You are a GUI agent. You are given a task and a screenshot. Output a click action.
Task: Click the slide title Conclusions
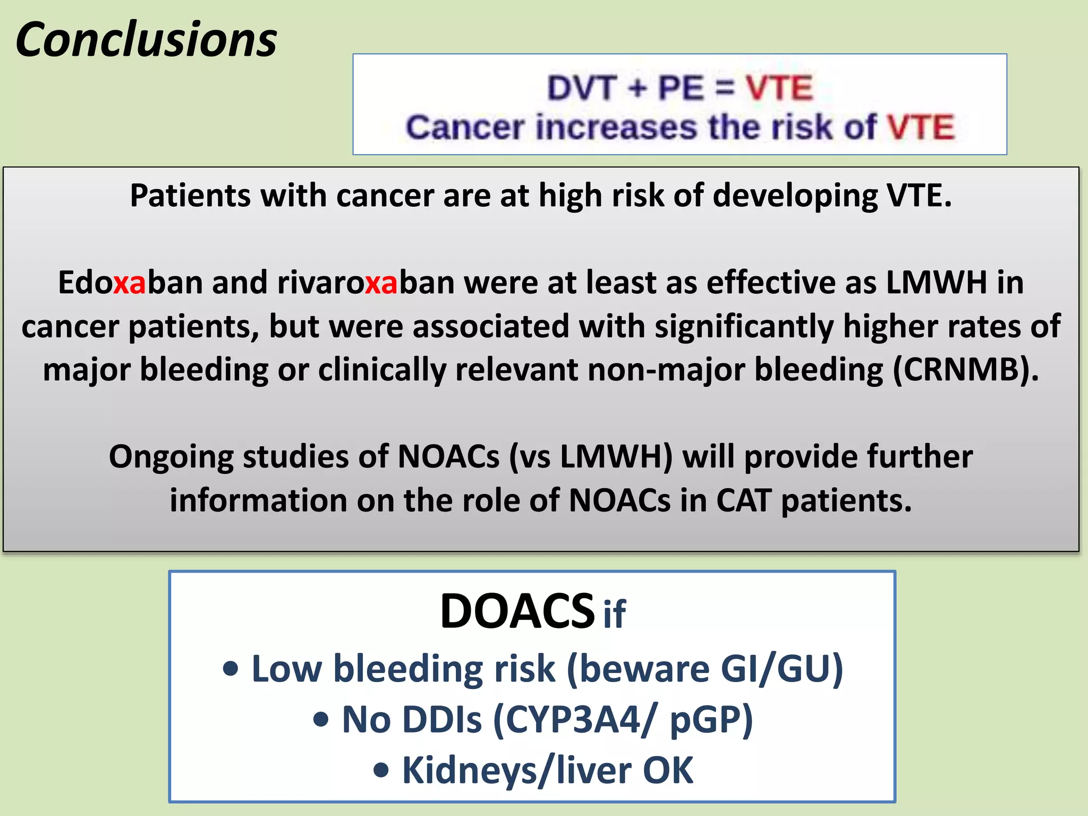[x=146, y=40]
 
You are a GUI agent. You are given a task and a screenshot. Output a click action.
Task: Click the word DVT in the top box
[x=582, y=88]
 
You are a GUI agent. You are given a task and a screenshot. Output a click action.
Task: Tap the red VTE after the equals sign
[x=779, y=88]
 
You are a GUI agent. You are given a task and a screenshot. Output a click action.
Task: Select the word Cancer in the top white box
[x=465, y=127]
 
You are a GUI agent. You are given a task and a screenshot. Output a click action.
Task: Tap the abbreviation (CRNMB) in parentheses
[x=965, y=369]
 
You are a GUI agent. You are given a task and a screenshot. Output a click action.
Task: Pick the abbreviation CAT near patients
[x=743, y=500]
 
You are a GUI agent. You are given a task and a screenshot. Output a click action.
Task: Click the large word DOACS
[x=517, y=611]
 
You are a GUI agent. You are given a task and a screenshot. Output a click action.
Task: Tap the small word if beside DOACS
[x=615, y=614]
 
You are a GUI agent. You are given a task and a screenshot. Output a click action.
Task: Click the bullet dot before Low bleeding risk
[x=231, y=669]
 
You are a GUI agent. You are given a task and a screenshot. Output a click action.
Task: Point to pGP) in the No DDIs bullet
[x=711, y=720]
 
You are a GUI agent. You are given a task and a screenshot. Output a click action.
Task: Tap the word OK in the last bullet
[x=668, y=770]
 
